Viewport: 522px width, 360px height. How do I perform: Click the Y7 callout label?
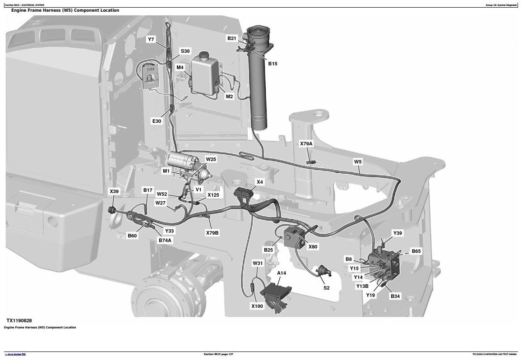pos(151,40)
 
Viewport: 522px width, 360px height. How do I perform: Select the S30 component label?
pos(185,51)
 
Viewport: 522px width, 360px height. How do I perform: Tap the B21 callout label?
pos(231,39)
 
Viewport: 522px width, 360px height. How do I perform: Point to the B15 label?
pos(273,64)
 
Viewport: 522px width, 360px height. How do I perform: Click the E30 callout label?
pos(157,121)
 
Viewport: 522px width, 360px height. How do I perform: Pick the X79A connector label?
pos(306,144)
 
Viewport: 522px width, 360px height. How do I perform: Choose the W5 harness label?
pos(358,162)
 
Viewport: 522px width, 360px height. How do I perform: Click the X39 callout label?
pos(114,192)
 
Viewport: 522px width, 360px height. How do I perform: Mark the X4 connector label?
pos(259,182)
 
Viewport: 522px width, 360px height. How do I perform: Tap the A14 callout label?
pos(282,273)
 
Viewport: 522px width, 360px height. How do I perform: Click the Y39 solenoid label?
pos(397,233)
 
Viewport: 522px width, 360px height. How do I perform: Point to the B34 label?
pos(395,296)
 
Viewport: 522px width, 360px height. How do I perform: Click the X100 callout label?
pos(257,306)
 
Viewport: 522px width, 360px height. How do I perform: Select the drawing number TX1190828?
pos(19,320)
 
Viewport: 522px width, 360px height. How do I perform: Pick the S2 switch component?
pos(323,272)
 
